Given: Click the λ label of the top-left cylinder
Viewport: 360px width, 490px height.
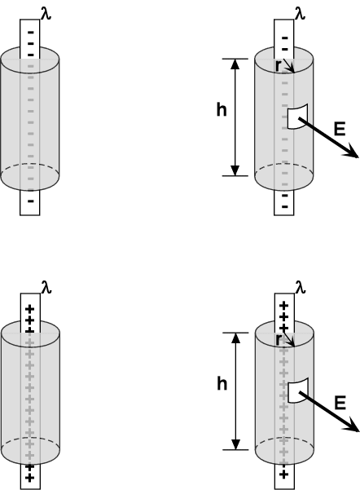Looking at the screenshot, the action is point(46,14).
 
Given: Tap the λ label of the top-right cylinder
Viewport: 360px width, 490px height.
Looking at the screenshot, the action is point(300,14).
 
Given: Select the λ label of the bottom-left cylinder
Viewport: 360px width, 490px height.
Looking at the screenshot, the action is point(46,287).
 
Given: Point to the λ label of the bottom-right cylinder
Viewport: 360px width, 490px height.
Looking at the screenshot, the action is point(301,287).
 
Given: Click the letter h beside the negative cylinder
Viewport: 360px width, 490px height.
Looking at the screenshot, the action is point(222,110).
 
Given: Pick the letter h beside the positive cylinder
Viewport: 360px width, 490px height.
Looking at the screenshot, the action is point(222,383).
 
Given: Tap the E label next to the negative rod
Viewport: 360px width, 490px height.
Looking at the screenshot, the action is point(340,129).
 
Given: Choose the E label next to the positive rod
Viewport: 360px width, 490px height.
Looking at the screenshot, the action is point(340,403).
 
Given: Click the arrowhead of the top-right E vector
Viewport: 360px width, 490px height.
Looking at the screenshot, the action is point(352,152).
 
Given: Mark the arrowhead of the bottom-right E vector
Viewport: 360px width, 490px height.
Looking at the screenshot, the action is point(353,426).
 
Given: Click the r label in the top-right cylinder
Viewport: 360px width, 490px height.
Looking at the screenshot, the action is point(279,66).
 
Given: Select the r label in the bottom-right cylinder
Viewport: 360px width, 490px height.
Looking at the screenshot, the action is point(279,340).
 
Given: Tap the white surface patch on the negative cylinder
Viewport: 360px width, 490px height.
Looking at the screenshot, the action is point(297,117).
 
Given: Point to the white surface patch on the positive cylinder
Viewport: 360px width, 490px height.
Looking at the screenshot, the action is point(298,391).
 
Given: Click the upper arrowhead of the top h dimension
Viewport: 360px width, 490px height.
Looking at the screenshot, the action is point(236,64).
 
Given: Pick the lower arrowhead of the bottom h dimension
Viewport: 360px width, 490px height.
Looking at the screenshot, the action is point(236,444).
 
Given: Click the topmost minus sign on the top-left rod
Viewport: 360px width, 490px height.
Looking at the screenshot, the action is point(31,32).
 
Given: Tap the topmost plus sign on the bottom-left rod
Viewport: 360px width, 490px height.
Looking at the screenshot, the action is point(29,309).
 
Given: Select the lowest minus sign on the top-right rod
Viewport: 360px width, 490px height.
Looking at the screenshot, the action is point(285,206).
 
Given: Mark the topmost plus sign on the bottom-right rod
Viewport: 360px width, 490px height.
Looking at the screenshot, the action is point(283,306).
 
